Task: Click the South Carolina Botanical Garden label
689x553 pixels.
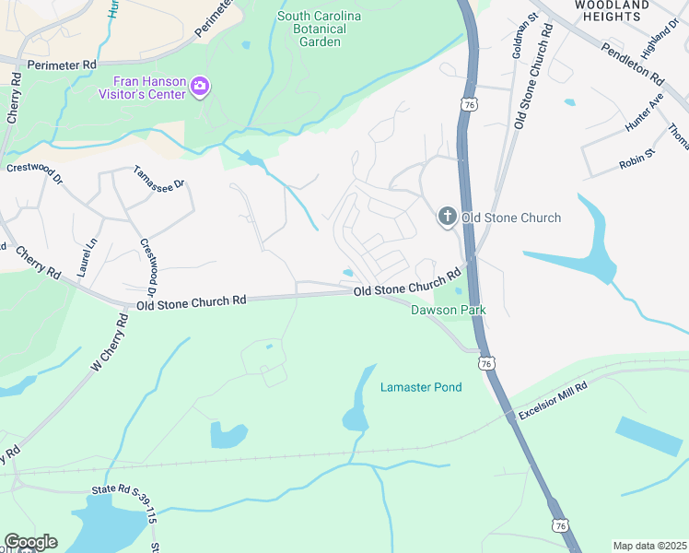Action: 320,29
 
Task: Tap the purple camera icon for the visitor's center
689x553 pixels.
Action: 200,87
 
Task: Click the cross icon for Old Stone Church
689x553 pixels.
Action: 447,218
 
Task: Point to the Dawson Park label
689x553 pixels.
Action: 448,311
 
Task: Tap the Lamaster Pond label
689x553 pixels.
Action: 421,387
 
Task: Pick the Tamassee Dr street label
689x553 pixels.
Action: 159,177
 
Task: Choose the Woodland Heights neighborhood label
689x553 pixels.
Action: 612,11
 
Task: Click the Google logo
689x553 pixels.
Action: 30,542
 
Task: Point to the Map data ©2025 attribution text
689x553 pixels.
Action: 649,546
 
